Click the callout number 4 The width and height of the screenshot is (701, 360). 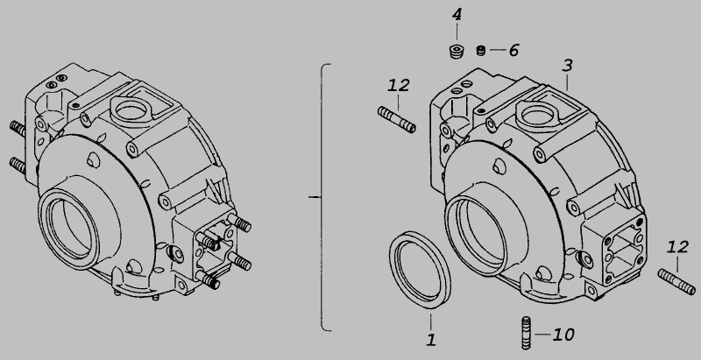457,15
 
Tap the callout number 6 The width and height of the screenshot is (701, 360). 513,50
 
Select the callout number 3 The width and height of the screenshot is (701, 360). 567,66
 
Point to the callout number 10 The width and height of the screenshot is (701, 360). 563,335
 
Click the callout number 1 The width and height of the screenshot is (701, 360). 431,340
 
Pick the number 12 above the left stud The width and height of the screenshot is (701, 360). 399,85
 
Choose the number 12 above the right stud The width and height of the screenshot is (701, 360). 677,247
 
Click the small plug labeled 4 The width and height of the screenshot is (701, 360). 456,52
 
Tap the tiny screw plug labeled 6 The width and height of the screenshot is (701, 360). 480,51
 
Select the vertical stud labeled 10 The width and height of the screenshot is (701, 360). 527,333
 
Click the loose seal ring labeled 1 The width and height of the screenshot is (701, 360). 420,270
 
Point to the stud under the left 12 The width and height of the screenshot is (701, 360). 397,119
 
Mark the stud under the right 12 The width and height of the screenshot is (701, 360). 676,282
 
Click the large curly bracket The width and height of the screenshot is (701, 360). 322,197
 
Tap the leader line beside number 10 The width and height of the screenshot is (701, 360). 542,334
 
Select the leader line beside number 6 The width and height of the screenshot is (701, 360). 498,50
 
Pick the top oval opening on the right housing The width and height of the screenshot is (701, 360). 536,116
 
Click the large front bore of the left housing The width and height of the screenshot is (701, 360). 68,228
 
